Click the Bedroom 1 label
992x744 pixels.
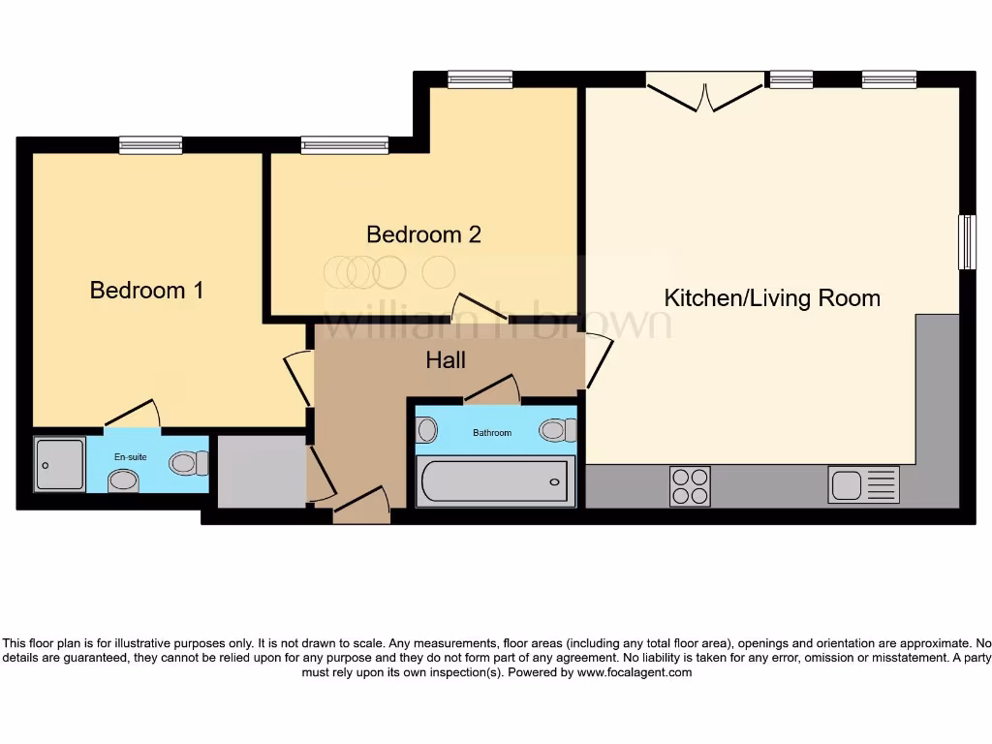click(146, 290)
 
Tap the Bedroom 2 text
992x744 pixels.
click(423, 234)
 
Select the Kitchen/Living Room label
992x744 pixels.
click(772, 298)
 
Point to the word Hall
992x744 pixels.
click(446, 360)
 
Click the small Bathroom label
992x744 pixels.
click(492, 432)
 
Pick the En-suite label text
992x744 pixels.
click(130, 455)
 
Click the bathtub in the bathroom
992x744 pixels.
click(495, 481)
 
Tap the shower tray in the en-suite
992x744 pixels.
click(59, 464)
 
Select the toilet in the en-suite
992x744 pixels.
click(188, 463)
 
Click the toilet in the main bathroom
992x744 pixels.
click(557, 429)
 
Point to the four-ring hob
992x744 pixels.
click(690, 485)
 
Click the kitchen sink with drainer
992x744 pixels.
click(863, 484)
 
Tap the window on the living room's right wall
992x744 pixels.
click(966, 242)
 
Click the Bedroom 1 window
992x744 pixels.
click(150, 145)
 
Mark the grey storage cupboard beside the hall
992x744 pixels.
click(261, 471)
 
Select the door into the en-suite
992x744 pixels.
click(132, 416)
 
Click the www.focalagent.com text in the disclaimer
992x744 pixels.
click(635, 672)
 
